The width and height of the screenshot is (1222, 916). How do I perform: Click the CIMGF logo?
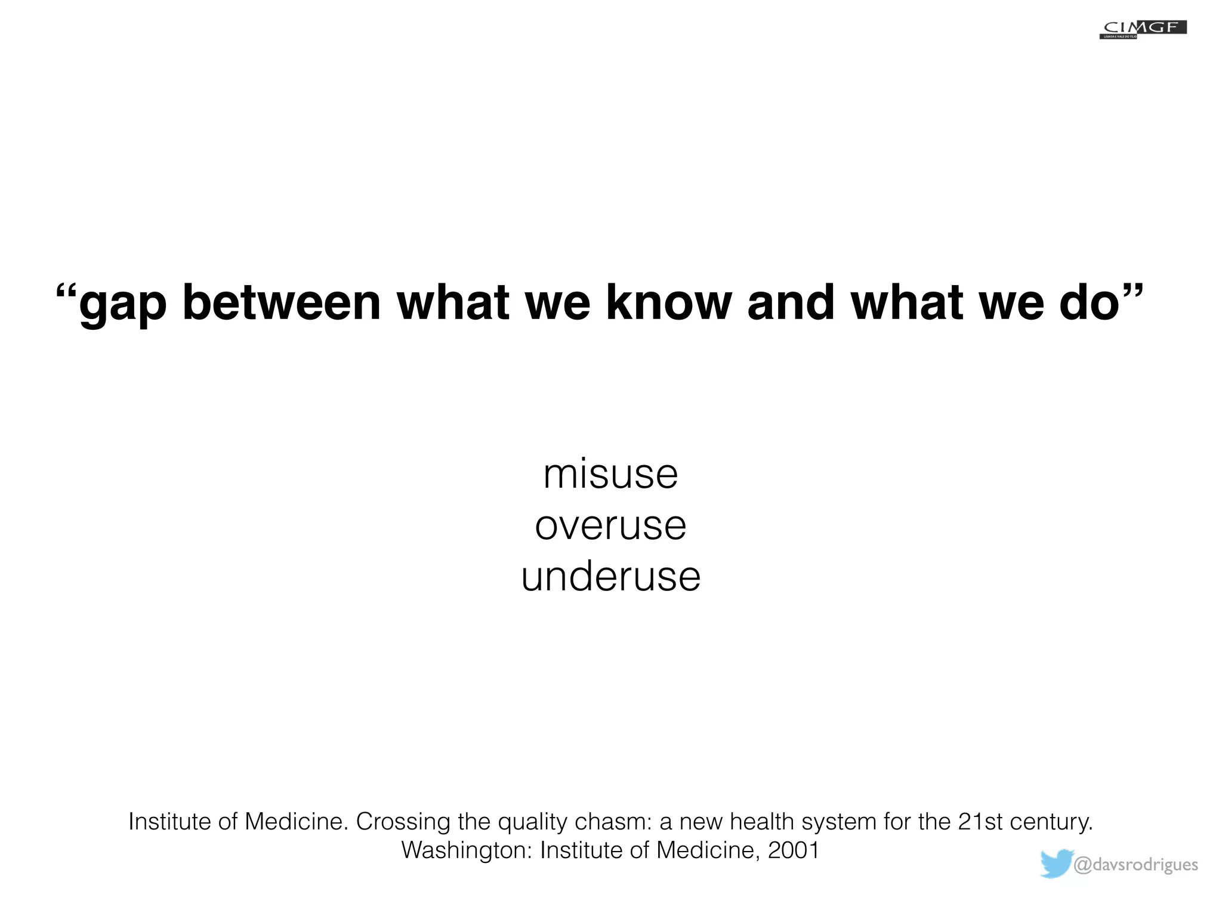[1143, 29]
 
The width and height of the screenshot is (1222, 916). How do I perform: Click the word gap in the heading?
[122, 304]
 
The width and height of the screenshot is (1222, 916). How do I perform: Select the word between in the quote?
[281, 302]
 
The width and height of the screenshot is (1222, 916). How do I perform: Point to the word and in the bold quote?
[791, 302]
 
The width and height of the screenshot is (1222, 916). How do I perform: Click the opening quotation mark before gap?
[66, 292]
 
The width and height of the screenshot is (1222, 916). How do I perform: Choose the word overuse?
[610, 526]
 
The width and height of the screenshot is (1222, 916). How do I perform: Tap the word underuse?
[610, 577]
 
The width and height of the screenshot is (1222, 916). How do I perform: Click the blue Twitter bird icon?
[1056, 864]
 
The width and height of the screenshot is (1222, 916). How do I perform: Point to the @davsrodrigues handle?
[1135, 865]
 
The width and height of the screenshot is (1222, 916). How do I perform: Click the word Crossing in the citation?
[403, 822]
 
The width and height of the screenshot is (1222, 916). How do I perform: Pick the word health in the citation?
[761, 822]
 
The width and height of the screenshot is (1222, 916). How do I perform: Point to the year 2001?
[794, 850]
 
